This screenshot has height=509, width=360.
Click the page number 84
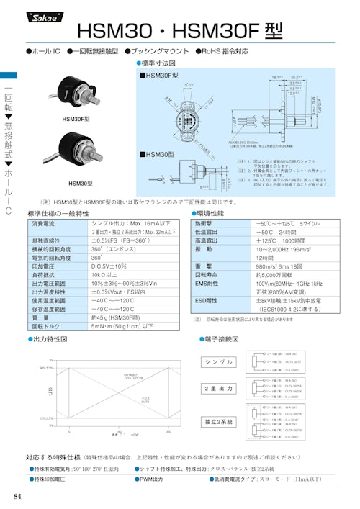coord(17,497)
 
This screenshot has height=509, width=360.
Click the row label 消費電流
coord(44,225)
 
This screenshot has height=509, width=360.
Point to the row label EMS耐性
coord(209,284)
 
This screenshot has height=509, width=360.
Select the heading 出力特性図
coord(50,338)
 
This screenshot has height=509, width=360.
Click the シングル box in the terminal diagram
coord(219,361)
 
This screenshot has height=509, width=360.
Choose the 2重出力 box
coord(219,389)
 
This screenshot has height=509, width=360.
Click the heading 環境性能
coord(210,214)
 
